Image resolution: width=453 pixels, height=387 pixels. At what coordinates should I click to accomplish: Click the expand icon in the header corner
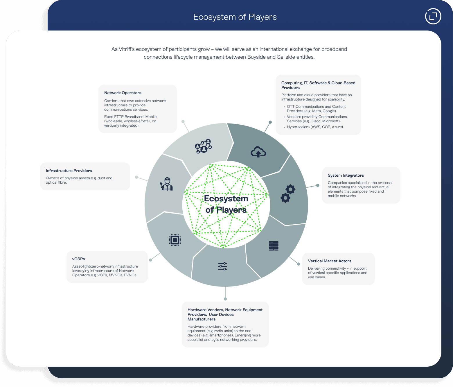tap(433, 16)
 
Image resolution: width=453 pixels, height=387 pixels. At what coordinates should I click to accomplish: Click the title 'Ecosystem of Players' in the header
tap(235, 17)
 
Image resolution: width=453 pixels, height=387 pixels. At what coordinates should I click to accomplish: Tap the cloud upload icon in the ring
tap(258, 152)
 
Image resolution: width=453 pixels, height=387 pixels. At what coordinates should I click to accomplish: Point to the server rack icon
tap(274, 246)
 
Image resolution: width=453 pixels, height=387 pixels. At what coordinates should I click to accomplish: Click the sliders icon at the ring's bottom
tap(223, 266)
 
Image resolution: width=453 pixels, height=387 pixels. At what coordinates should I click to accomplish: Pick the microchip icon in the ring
tap(175, 240)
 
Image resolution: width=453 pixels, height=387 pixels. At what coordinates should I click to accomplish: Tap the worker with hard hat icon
tap(167, 184)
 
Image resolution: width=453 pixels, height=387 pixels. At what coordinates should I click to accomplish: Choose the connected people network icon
tap(203, 146)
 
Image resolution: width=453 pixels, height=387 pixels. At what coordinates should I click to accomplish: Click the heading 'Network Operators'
tap(123, 93)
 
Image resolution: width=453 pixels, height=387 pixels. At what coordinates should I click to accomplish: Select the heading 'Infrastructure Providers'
tap(69, 171)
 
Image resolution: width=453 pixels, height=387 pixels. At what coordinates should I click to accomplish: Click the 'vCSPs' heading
tap(79, 259)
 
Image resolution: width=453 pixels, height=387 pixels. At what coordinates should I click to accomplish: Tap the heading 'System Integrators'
tap(346, 175)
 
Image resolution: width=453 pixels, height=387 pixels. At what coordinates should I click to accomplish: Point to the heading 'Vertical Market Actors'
tap(330, 261)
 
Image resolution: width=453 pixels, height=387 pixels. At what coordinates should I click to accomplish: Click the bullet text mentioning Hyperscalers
tap(315, 127)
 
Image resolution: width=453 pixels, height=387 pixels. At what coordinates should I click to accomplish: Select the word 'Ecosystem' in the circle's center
tap(226, 199)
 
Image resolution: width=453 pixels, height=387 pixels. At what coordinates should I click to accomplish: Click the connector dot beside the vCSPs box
tap(150, 260)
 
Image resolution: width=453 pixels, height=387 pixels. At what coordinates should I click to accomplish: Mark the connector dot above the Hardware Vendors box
tap(225, 299)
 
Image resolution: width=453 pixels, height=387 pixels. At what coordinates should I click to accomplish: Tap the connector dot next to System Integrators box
tap(318, 185)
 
